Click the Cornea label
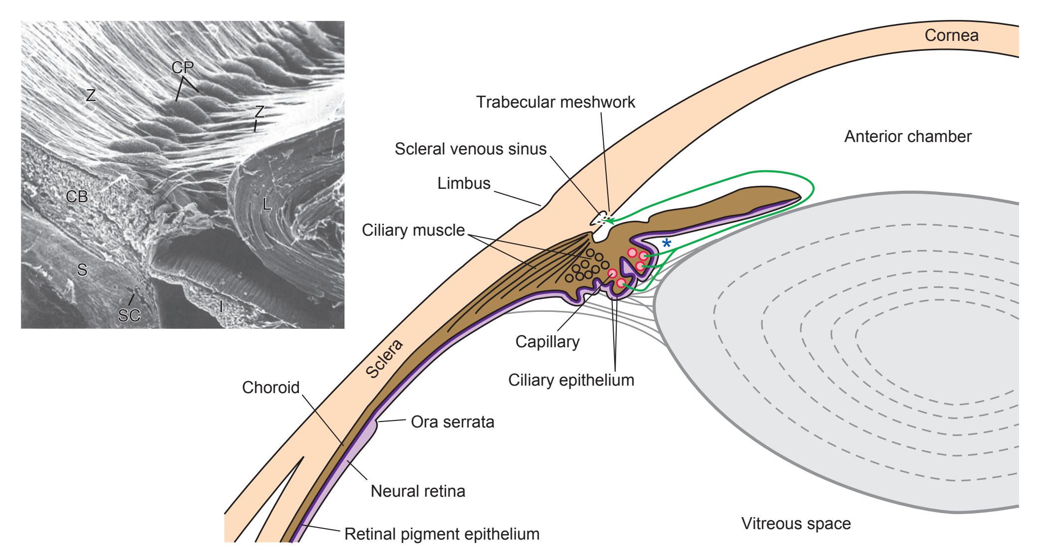(x=951, y=35)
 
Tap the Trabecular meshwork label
(x=555, y=102)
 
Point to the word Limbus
(x=464, y=183)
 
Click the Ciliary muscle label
(x=413, y=230)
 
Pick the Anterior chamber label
(x=907, y=137)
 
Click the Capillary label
(x=547, y=342)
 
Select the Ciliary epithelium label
(x=571, y=380)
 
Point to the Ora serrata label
(x=452, y=422)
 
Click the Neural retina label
(x=418, y=491)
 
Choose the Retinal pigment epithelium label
(x=442, y=534)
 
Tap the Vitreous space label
(x=796, y=524)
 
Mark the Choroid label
(x=271, y=388)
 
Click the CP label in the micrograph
(x=182, y=68)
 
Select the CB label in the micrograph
(x=77, y=197)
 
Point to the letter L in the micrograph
(x=267, y=204)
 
